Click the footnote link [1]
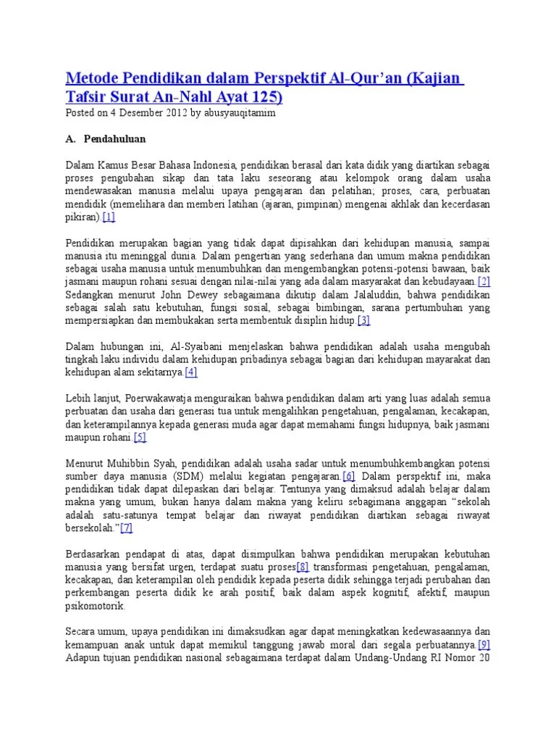pos(109,217)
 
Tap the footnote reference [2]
pos(484,281)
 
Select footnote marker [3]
pos(363,320)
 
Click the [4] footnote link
pos(191,372)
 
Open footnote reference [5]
pos(140,437)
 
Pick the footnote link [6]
pos(349,476)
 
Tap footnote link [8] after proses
pos(303,567)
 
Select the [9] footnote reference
pos(484,644)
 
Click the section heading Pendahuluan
pos(114,138)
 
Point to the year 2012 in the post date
pos(174,113)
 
